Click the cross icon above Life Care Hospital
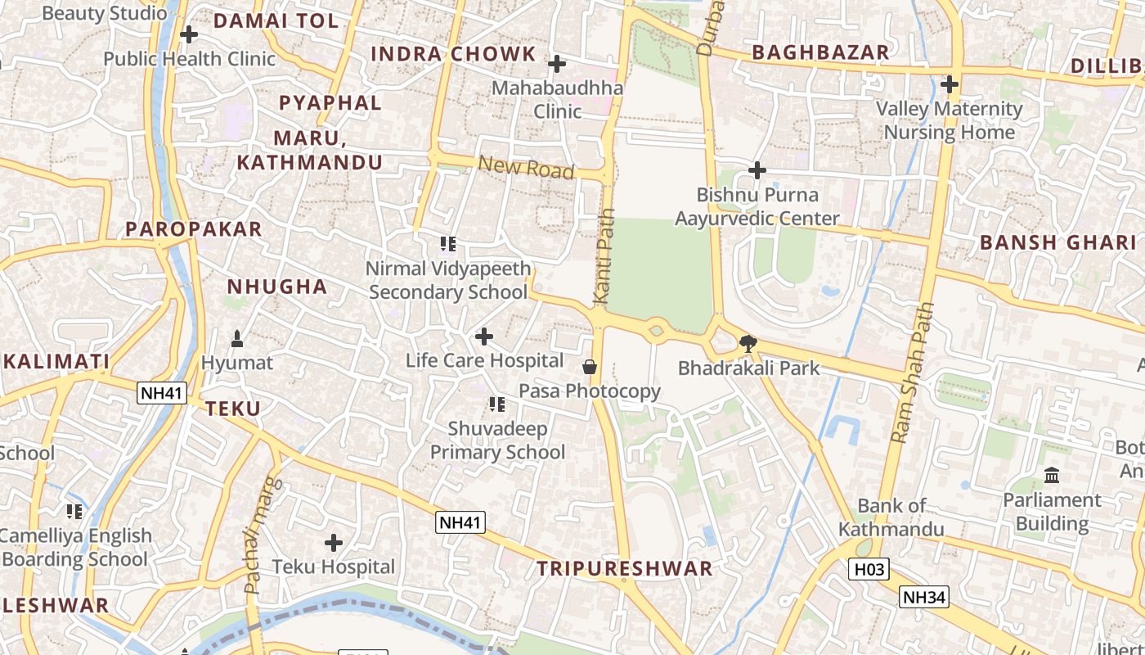coord(484,337)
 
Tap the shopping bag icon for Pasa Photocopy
coord(589,367)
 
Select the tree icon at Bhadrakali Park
coord(748,344)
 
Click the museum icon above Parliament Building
coord(1052,476)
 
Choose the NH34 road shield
coord(924,598)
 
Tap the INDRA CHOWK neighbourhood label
coord(453,55)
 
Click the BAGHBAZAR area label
coord(820,52)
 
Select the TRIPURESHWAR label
coord(625,569)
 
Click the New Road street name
coord(526,168)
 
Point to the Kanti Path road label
coord(603,257)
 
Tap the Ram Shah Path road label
coord(912,373)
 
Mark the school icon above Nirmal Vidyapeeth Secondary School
coord(447,244)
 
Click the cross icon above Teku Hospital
coord(333,543)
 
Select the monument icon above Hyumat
coord(237,338)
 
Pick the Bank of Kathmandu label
coord(891,517)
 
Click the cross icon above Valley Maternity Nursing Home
coord(949,84)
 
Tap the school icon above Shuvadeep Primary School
coord(496,404)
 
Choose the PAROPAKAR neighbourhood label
coord(194,229)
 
